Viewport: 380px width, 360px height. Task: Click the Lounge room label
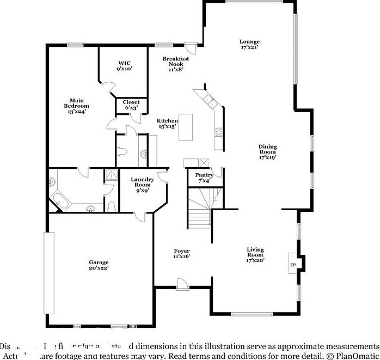click(x=250, y=45)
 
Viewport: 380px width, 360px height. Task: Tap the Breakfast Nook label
click(x=175, y=64)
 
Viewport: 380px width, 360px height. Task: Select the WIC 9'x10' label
click(x=124, y=66)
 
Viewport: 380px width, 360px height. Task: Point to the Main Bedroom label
click(x=76, y=106)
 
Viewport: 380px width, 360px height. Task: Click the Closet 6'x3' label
click(x=131, y=105)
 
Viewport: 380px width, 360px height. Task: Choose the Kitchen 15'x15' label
click(x=168, y=123)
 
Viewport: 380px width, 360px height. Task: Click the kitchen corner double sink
click(x=210, y=100)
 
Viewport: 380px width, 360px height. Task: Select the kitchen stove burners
click(x=219, y=131)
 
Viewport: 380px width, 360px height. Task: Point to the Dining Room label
click(x=267, y=152)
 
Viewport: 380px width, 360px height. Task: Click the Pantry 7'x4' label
click(x=204, y=178)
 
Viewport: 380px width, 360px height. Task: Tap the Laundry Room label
click(x=143, y=185)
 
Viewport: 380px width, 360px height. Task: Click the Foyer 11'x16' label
click(x=181, y=253)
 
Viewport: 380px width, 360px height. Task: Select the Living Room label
click(x=255, y=255)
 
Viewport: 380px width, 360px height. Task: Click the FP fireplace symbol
click(x=293, y=265)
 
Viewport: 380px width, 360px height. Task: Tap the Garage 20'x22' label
click(x=99, y=265)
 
